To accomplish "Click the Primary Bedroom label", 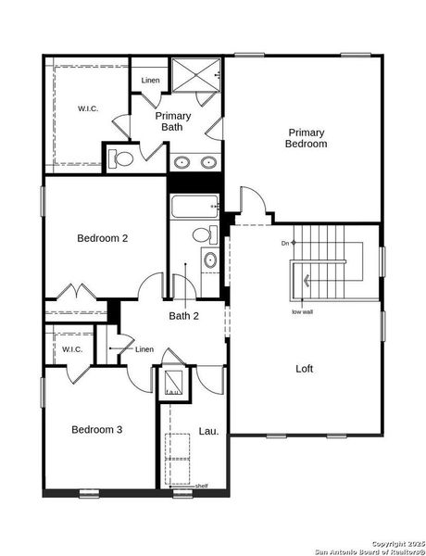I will [x=306, y=138].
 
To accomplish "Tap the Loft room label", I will [x=304, y=369].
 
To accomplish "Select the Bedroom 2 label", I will [x=102, y=238].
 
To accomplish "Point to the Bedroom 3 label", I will [x=97, y=430].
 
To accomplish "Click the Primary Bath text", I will [x=173, y=121].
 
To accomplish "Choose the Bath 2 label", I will [x=183, y=316].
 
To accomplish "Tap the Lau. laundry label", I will [x=208, y=431].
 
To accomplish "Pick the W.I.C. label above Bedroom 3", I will [x=72, y=349].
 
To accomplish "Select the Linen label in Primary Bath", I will [x=150, y=81].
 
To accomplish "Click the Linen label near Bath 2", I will [x=144, y=349].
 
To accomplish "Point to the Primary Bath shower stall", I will [x=195, y=76].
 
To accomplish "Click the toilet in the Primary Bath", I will [x=122, y=159].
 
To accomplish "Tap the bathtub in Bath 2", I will [x=194, y=206].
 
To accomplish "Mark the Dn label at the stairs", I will [x=286, y=244].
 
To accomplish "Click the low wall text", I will [x=302, y=311].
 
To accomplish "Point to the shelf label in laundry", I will [x=201, y=486].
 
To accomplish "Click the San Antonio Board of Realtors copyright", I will [x=368, y=550].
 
